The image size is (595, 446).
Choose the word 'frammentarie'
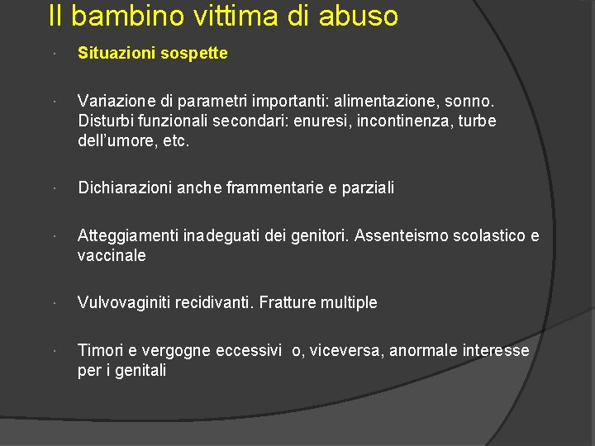coord(287,188)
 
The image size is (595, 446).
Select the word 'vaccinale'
coord(112,256)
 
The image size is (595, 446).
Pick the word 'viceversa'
coord(348,351)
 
